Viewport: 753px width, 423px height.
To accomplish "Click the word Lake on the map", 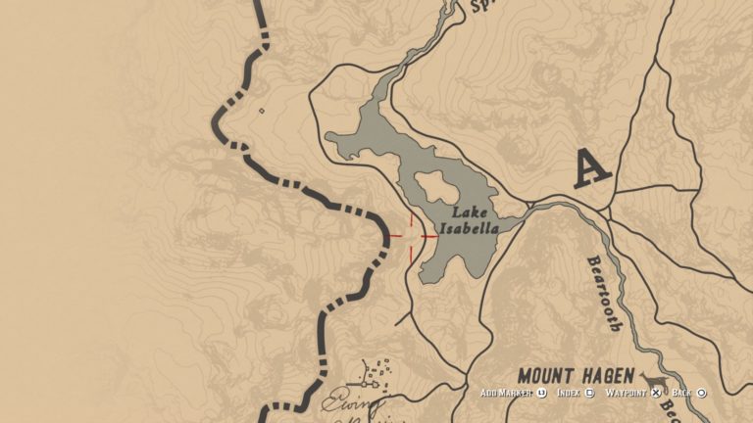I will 469,211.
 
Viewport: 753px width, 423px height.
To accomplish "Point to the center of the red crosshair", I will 412,235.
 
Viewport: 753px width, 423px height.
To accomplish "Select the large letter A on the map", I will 591,167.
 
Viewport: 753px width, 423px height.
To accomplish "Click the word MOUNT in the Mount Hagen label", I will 554,376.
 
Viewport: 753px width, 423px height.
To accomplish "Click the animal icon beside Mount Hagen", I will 654,380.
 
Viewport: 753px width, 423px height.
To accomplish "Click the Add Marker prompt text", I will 506,393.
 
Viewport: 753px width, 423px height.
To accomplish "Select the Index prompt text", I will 568,393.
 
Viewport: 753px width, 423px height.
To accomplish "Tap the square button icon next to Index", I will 589,393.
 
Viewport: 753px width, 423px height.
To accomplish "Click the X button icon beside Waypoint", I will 657,393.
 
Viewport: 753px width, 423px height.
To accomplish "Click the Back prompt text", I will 681,393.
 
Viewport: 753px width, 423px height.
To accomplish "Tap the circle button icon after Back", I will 701,393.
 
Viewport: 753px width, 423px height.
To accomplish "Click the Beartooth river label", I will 602,293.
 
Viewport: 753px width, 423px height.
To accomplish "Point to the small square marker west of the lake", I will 261,111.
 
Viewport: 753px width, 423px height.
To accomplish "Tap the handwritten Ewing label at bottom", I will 353,402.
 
